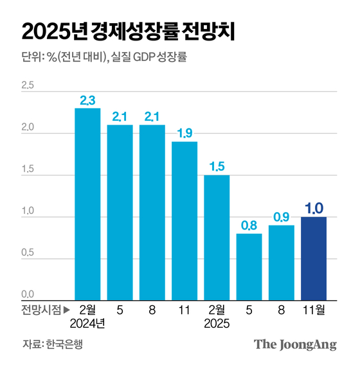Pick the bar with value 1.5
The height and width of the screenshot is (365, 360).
(x=217, y=237)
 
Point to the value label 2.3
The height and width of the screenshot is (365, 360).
(x=87, y=100)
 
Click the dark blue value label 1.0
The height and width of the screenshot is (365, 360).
(x=314, y=208)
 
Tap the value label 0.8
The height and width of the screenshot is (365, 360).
(x=249, y=226)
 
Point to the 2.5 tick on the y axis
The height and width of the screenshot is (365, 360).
(x=27, y=85)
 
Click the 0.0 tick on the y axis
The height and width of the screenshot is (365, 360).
(x=27, y=294)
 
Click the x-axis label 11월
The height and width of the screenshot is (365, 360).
(x=314, y=309)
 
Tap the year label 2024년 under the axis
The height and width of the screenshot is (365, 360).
(x=87, y=324)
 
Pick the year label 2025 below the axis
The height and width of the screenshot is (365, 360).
(x=217, y=324)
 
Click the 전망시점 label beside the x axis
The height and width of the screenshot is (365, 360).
(x=41, y=309)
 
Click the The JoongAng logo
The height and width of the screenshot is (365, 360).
(x=295, y=344)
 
